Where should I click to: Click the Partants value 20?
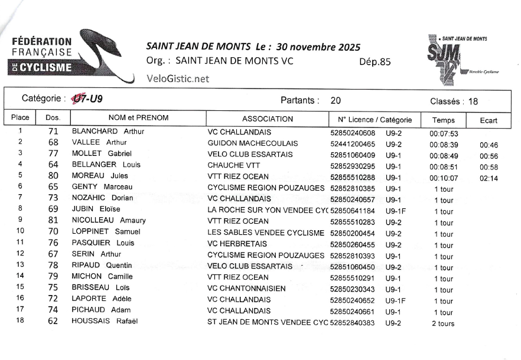click(x=336, y=101)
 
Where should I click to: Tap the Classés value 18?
click(x=473, y=101)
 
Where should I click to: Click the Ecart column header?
click(x=489, y=120)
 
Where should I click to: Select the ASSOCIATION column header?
click(x=268, y=119)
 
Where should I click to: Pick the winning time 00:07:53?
click(x=444, y=133)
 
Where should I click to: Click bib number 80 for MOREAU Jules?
click(x=53, y=176)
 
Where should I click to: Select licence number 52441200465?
click(x=353, y=143)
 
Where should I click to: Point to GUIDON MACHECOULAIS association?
click(x=253, y=143)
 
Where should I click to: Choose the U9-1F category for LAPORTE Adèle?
click(x=396, y=300)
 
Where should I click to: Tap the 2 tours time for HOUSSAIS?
click(x=443, y=323)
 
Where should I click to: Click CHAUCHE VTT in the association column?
click(x=235, y=165)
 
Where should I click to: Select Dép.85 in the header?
click(x=375, y=61)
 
